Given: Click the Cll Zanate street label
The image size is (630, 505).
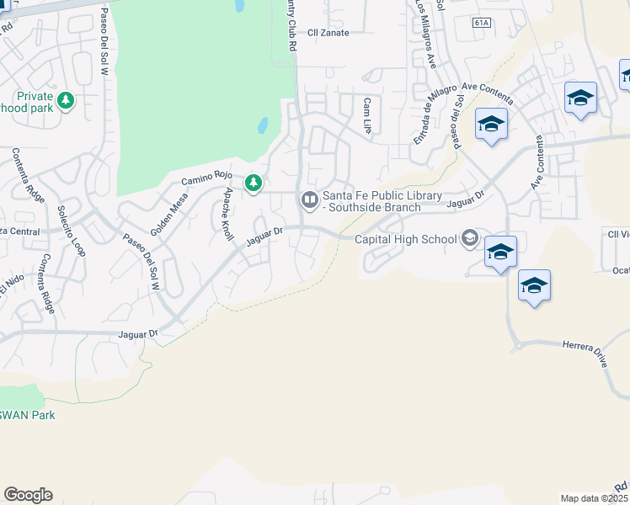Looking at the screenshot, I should click(328, 33).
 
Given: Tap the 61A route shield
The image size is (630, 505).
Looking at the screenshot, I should click(481, 23).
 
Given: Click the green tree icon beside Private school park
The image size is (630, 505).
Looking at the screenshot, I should click(66, 102).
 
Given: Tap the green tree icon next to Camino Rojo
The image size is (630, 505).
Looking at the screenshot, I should click(253, 183).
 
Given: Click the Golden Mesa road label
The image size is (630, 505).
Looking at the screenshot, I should click(168, 214).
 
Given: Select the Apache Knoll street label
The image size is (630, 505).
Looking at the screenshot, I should click(227, 214).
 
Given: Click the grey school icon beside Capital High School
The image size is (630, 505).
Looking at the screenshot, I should click(470, 239).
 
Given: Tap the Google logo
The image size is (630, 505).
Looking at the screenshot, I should click(28, 494).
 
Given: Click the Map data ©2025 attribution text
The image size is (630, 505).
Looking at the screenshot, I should click(595, 498).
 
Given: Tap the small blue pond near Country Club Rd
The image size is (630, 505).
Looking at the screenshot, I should click(262, 126).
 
